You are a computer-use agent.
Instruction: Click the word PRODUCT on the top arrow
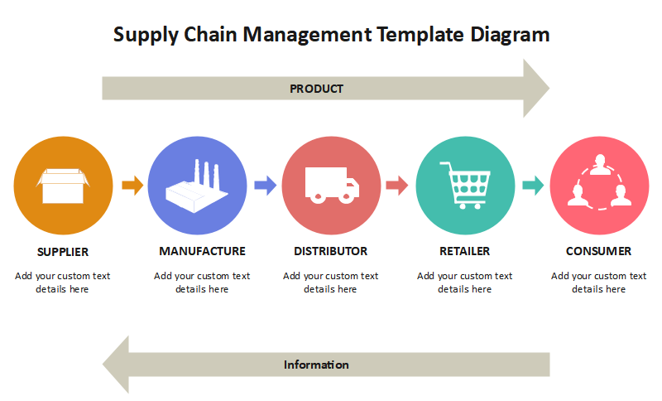(316, 89)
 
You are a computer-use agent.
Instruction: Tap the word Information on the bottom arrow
(316, 365)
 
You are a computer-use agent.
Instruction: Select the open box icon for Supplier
(63, 186)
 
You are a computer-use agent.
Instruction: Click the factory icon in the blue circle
(197, 186)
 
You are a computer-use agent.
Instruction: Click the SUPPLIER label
(63, 251)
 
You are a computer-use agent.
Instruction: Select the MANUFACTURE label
(202, 251)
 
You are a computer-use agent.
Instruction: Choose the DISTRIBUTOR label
(330, 251)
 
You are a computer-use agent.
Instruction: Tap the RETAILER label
(464, 251)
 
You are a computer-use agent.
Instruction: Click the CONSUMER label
(598, 251)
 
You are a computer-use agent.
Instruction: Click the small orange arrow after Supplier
(132, 186)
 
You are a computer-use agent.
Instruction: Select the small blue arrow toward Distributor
(265, 186)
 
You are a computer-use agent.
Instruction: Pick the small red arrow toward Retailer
(397, 186)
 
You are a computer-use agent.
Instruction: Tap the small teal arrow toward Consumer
(532, 186)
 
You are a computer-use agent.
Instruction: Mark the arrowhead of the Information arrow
(117, 365)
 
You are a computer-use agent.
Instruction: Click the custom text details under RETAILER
(464, 283)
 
